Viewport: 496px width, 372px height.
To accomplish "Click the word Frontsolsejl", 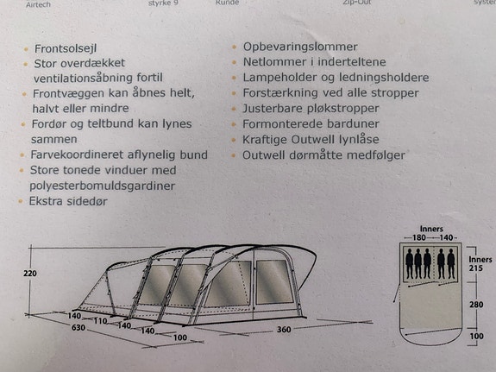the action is point(66,48).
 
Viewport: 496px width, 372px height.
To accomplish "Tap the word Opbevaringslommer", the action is point(300,47).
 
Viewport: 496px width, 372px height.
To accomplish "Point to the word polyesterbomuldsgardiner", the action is point(102,186).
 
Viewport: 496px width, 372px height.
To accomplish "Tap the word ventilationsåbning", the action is point(83,78).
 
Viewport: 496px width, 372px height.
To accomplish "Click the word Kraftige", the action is point(265,140).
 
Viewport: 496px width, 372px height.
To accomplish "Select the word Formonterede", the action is point(282,123).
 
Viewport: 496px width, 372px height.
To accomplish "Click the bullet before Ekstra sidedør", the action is point(21,201).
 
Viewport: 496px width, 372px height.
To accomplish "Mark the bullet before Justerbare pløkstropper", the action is point(234,109).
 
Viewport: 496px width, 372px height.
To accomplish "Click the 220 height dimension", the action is point(30,274).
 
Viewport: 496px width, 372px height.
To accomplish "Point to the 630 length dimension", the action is point(78,327).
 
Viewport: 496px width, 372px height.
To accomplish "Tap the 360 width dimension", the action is point(284,330).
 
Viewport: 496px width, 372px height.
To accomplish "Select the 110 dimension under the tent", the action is point(100,321).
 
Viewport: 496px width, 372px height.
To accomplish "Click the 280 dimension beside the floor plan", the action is point(476,305).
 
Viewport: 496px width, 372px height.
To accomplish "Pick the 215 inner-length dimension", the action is point(476,268).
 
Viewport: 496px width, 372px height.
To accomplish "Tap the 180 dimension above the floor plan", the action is point(419,237).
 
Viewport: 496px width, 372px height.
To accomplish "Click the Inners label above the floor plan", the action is point(431,229).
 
